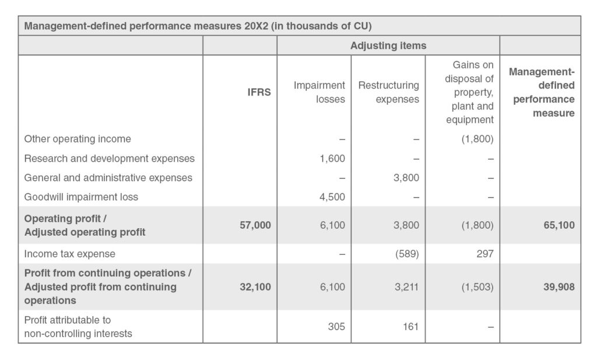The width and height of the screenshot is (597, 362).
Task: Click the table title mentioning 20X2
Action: (x=198, y=26)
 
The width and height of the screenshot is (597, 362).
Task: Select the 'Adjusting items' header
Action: (x=388, y=45)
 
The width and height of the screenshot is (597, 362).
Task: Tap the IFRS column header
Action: (x=259, y=92)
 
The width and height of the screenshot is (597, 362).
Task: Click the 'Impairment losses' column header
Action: (x=319, y=92)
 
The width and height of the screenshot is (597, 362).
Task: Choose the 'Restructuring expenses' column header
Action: (x=388, y=92)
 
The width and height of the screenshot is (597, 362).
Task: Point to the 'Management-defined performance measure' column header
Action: (x=542, y=92)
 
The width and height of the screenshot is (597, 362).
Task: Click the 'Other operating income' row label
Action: (x=78, y=139)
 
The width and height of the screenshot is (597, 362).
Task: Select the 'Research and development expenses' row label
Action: (x=109, y=158)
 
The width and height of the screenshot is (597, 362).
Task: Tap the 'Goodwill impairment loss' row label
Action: (x=81, y=197)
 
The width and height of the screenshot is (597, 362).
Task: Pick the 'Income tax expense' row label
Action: (x=69, y=254)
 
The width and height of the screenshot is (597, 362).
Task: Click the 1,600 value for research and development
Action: (x=332, y=158)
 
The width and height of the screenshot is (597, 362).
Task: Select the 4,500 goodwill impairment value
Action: (x=332, y=197)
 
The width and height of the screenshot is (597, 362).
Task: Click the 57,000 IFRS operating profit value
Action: (x=255, y=225)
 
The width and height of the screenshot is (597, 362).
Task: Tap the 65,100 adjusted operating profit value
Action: (x=559, y=225)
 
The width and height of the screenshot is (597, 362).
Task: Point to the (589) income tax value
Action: (x=406, y=254)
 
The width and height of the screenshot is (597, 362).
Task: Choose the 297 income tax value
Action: (x=486, y=254)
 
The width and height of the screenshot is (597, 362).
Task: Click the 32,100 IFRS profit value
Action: (x=255, y=287)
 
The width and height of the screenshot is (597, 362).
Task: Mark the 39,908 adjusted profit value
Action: (x=559, y=287)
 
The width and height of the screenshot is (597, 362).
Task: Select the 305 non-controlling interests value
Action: (x=336, y=327)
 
